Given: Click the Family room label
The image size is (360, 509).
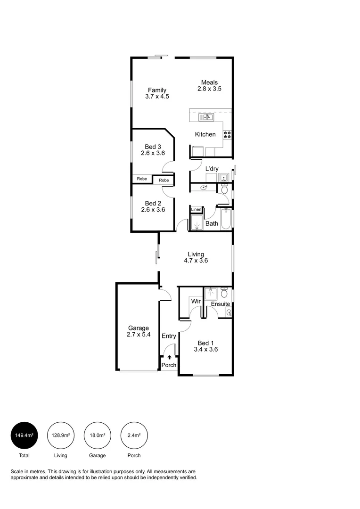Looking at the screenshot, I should coord(157,90).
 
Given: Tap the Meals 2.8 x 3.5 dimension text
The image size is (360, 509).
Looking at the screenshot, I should coord(209,89).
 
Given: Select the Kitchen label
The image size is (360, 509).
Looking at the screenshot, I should coord(205,134).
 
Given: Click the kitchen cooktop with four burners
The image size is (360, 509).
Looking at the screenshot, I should coord(227,134).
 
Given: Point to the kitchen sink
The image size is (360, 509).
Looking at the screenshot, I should coord(206,116).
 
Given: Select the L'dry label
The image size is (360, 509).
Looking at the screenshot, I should coord(212,169).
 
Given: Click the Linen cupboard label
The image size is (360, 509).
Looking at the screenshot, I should coord(196,209).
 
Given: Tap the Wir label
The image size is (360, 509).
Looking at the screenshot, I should coord(196,301).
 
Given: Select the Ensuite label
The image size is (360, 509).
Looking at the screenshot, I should coord(220,304).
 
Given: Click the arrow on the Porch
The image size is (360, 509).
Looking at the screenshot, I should coord(169,358).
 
